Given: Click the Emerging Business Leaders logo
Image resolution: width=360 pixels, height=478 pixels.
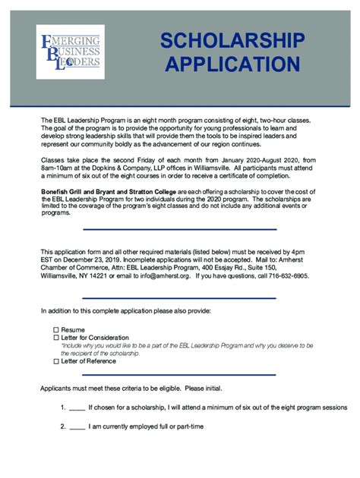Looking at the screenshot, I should tap(71, 52).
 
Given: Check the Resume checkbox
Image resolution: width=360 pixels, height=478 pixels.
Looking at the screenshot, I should tap(55, 330).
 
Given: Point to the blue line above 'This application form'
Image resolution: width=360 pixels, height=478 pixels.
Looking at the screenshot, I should tap(179, 229).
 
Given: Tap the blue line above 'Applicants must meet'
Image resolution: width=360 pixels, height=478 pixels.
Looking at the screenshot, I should tap(179, 374).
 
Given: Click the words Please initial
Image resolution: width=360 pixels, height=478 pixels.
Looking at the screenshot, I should tap(204, 388).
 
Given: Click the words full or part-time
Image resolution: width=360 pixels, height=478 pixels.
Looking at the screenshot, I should tap(178, 426).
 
